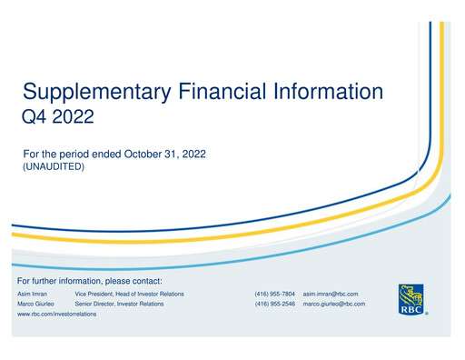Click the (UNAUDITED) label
pos(54,167)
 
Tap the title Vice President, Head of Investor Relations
pos(129,295)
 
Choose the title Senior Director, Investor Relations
pos(119,305)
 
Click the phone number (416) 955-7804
pos(274,295)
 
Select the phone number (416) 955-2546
pos(274,305)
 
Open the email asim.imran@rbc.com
pos(330,295)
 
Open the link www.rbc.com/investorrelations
pos(57,315)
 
